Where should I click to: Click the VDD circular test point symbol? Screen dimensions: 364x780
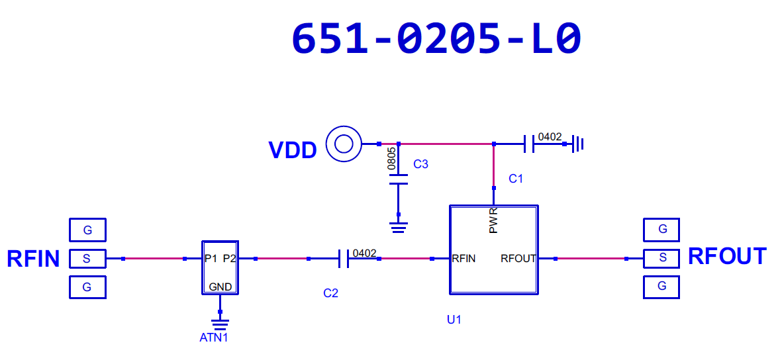pos(344,143)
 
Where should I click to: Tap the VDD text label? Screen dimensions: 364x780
pos(292,150)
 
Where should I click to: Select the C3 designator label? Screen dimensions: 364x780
pos(420,164)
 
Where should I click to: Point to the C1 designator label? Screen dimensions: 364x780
pos(516,179)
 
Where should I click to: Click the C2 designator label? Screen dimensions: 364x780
pos(330,293)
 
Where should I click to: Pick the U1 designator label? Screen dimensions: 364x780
pos(454,320)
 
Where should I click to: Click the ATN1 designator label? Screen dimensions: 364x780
pos(214,338)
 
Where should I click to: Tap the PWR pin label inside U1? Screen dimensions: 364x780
pos(493,221)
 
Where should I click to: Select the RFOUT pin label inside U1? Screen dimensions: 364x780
pos(518,259)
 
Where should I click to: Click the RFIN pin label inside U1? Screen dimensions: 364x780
pos(463,259)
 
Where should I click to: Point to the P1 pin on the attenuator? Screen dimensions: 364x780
pos(211,259)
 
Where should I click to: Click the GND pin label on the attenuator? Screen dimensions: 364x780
pos(220,287)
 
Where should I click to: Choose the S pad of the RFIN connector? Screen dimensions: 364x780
pos(87,259)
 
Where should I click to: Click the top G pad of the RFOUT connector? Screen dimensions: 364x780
pos(661,230)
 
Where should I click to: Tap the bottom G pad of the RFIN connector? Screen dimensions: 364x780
pos(87,287)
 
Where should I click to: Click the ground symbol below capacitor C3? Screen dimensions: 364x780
pos(399,228)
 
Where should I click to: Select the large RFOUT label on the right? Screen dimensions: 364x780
pos(727,256)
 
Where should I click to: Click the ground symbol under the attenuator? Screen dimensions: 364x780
pos(220,324)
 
